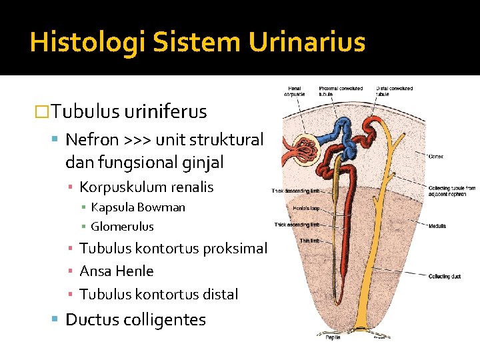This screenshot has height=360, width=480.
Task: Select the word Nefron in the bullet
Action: [92, 139]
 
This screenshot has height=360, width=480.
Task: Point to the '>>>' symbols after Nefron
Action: [137, 139]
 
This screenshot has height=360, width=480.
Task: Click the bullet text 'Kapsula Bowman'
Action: [138, 207]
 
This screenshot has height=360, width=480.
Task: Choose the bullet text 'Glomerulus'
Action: [122, 226]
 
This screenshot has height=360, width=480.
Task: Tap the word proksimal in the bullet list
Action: [238, 249]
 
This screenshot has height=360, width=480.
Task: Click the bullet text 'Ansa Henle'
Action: [116, 271]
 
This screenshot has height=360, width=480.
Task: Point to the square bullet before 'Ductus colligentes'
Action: [55, 319]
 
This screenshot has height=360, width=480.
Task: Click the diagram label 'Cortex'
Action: [437, 156]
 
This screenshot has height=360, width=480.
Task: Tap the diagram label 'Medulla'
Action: [438, 226]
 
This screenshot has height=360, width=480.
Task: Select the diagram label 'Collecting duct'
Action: [445, 275]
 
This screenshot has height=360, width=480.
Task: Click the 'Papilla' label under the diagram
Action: [333, 337]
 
